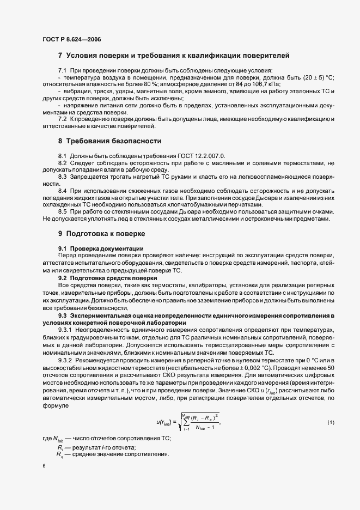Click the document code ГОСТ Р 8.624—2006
(71, 39)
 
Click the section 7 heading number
(60, 55)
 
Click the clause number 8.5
(63, 211)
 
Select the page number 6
(44, 466)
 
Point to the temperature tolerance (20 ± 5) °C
(313, 78)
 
